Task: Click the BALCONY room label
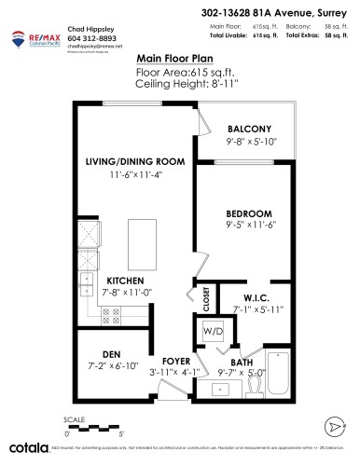tap(249, 128)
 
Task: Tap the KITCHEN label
tap(125, 281)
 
